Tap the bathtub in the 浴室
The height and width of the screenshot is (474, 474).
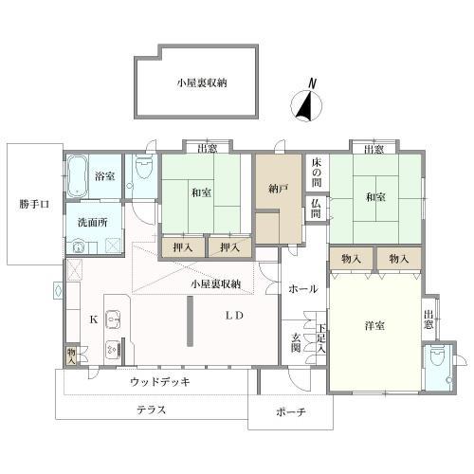77,175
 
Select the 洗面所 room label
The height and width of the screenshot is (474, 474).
92,223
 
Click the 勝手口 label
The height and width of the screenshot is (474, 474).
34,204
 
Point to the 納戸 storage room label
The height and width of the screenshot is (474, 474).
278,190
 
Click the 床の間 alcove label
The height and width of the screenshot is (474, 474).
317,173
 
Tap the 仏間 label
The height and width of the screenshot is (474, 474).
316,209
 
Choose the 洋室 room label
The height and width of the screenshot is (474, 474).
374,325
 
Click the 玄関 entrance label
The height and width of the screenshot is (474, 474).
296,343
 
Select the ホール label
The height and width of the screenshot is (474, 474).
302,289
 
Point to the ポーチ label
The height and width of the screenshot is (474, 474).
291,412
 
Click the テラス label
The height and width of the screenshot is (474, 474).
151,410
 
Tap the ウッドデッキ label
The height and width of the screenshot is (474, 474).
160,382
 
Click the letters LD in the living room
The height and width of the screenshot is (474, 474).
234,316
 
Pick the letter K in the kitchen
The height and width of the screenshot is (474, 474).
94,319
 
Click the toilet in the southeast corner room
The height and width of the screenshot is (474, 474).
438,355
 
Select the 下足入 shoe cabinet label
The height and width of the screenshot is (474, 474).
321,338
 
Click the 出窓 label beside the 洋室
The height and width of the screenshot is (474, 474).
428,319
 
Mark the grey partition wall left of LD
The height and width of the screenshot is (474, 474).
190,321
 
